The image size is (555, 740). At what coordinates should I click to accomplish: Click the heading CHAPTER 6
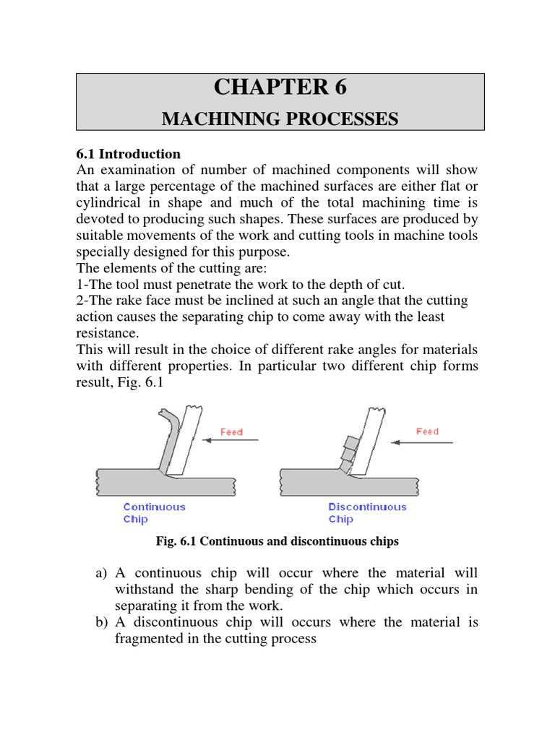[280, 87]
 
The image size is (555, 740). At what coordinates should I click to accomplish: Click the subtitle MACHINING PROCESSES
[280, 119]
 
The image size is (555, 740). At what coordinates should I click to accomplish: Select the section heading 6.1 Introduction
[129, 154]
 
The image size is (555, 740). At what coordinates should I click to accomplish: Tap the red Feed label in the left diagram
[231, 432]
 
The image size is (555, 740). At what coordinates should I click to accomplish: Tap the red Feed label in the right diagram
[427, 431]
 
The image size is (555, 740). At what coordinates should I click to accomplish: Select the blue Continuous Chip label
[155, 512]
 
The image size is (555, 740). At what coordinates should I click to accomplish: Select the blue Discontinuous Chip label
[367, 512]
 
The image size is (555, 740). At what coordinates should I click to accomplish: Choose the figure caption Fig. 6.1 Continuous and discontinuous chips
[277, 541]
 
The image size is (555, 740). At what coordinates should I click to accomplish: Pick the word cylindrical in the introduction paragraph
[113, 204]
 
